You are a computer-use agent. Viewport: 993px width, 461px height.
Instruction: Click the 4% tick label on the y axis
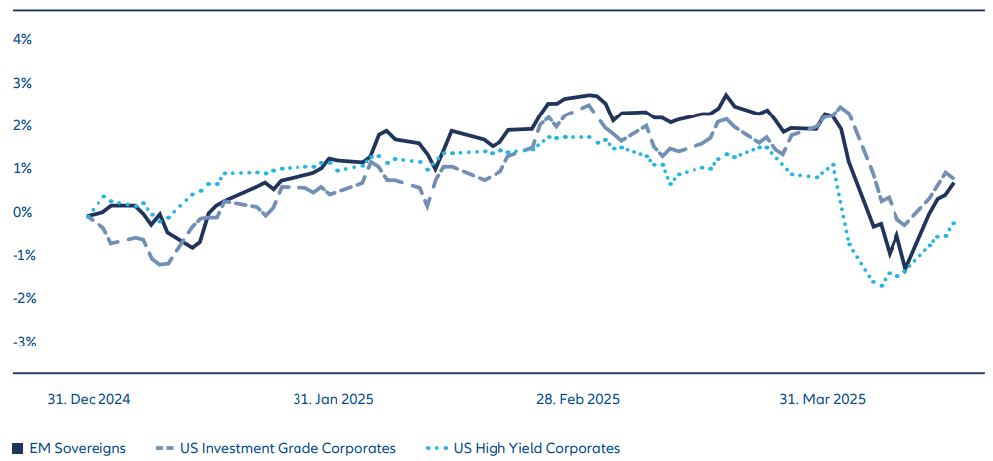pos(22,39)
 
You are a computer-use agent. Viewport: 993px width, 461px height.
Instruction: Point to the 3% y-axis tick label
pos(22,82)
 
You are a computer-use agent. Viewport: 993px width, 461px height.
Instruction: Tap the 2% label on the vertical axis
pos(22,125)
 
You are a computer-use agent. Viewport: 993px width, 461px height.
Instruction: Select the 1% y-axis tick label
pos(22,168)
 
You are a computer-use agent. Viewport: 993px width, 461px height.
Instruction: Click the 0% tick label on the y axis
pos(22,212)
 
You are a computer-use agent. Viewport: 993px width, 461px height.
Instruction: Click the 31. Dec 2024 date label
pos(90,399)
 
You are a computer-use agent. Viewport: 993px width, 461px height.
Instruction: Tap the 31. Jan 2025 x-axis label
pos(333,399)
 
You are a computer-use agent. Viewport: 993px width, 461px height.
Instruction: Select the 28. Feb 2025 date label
pos(578,399)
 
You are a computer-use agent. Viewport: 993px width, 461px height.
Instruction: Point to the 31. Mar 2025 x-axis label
pos(823,399)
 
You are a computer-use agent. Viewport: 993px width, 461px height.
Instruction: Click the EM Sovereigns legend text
pos(78,449)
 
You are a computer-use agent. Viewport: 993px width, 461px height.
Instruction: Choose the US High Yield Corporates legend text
pos(534,449)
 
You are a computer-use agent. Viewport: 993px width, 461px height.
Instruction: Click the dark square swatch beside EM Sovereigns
pos(18,449)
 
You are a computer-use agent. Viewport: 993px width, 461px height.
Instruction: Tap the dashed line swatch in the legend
pos(171,449)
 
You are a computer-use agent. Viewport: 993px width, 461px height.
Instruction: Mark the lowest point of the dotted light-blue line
pos(881,285)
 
